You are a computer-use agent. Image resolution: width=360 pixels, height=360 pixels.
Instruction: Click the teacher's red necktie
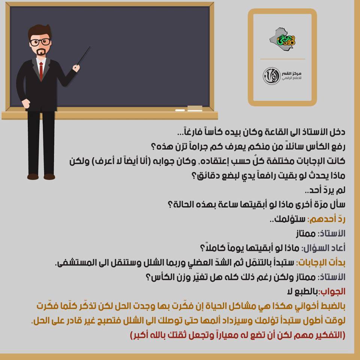[x=41, y=71]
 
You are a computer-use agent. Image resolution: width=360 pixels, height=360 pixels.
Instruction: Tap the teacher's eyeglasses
[x=40, y=42]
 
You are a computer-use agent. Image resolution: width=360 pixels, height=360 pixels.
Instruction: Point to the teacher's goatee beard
[x=41, y=52]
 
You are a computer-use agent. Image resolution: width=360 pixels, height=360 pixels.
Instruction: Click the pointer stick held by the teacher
[x=84, y=55]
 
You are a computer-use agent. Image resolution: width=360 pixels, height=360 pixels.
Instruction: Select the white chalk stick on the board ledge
[x=180, y=110]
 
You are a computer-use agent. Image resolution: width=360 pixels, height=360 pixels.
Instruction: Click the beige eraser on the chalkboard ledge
[x=195, y=108]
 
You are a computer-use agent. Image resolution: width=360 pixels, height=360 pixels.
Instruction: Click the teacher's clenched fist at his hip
[x=25, y=103]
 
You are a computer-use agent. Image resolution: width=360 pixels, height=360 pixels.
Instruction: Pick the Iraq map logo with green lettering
[x=282, y=38]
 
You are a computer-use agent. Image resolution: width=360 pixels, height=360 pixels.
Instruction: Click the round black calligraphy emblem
[x=271, y=76]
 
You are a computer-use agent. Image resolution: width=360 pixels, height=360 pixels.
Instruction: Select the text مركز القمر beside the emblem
[x=292, y=73]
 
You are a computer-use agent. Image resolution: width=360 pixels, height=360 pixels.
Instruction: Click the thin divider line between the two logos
[x=282, y=59]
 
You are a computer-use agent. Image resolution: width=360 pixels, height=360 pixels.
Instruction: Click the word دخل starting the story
[x=338, y=132]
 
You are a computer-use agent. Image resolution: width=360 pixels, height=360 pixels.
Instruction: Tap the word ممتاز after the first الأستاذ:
[x=306, y=234]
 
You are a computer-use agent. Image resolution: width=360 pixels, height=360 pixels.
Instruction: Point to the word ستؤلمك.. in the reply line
[x=288, y=219]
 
